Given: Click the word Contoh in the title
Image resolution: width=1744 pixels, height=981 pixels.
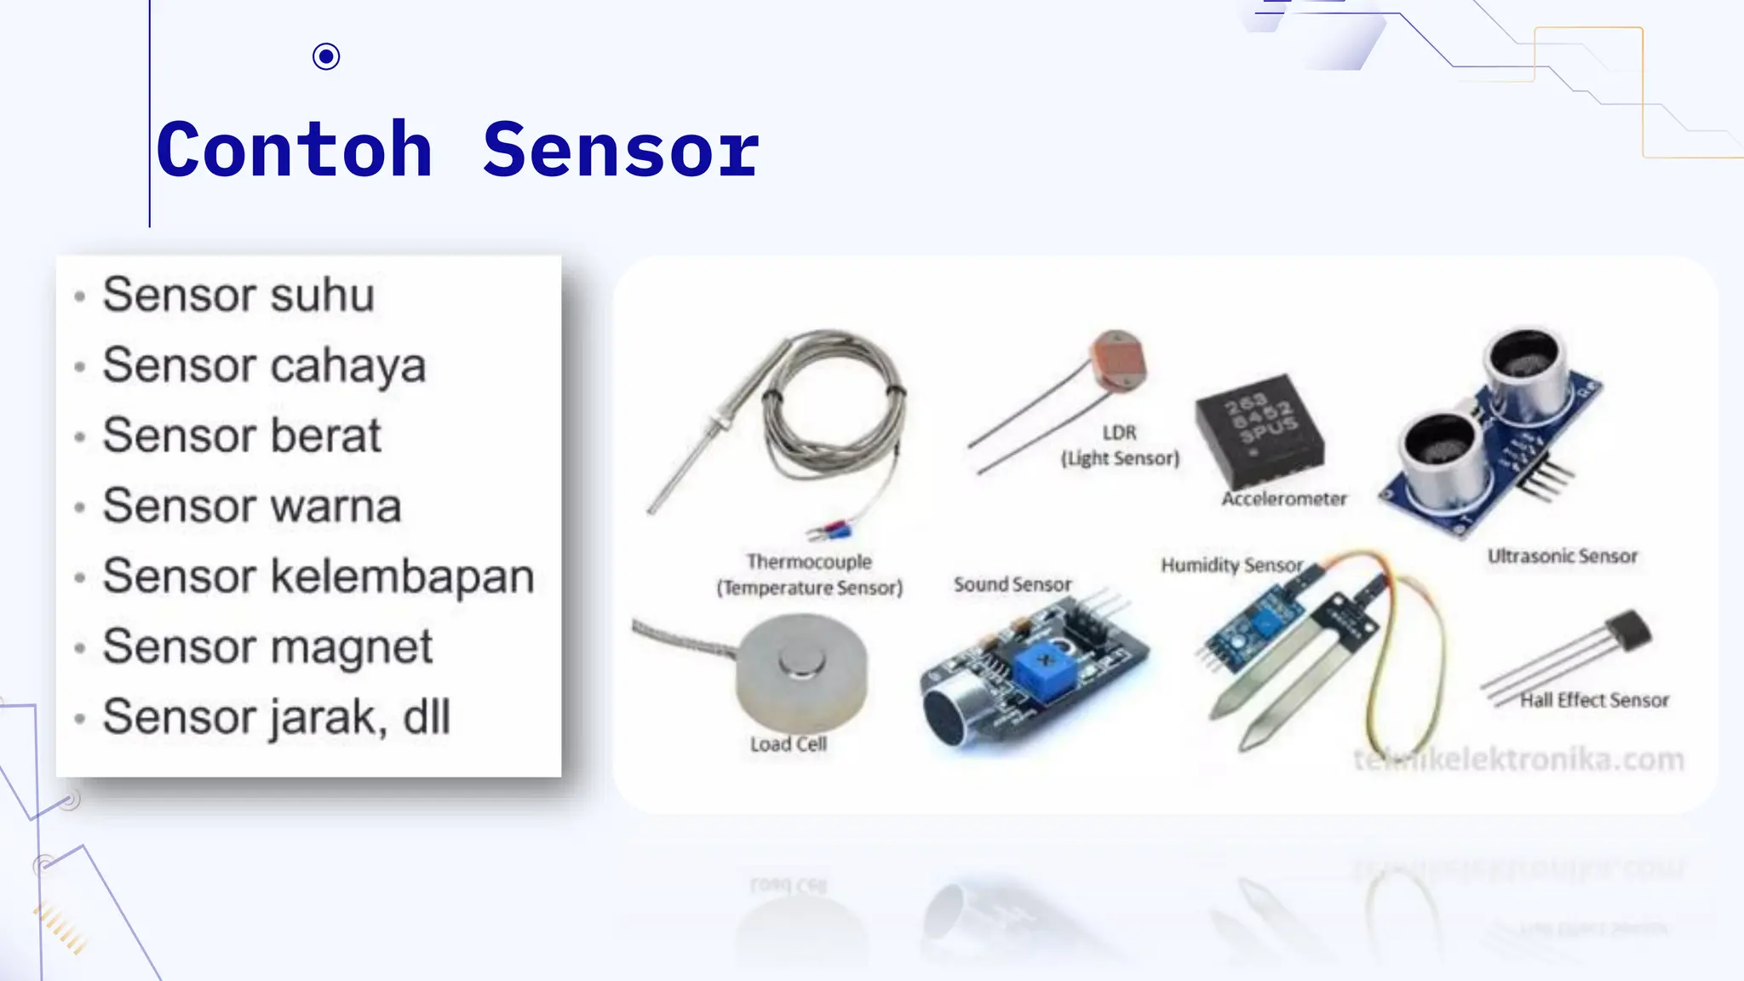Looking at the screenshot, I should [x=295, y=150].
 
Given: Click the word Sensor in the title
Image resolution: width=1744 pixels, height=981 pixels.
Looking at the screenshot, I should [x=620, y=150].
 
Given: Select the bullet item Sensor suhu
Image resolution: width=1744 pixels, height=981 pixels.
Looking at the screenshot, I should [x=238, y=295].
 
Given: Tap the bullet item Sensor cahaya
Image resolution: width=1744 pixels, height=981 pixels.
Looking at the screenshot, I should [x=264, y=365].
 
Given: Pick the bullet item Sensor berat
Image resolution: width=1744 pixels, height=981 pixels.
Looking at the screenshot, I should [x=242, y=435].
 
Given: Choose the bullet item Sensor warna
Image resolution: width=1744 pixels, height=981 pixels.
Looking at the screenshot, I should [x=251, y=506].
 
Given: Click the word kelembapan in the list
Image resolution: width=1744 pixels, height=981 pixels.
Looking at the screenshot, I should [x=402, y=577].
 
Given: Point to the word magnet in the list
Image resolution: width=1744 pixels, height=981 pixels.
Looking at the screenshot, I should [x=352, y=646].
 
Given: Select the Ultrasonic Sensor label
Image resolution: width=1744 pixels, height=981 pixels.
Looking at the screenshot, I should [x=1562, y=556].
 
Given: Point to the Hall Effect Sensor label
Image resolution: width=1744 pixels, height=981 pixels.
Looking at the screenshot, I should [x=1594, y=700].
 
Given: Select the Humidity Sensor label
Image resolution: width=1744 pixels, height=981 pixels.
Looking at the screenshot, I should [x=1231, y=565].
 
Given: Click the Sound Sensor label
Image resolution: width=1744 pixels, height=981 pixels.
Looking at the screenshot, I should [x=1013, y=584].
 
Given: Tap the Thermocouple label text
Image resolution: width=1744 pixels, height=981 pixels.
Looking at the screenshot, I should [x=809, y=562].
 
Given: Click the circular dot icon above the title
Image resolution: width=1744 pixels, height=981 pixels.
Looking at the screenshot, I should [x=326, y=57].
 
